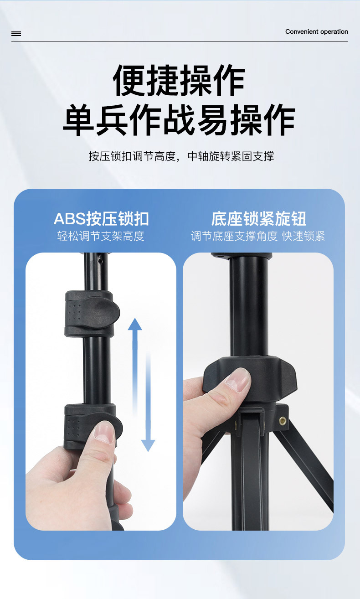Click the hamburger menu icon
click(16, 34)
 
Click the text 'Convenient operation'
click(316, 32)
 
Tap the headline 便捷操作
click(179, 81)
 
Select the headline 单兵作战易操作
click(179, 120)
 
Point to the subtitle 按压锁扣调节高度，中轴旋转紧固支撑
click(181, 156)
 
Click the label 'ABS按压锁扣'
click(101, 219)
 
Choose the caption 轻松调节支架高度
click(101, 236)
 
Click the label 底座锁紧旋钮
click(258, 219)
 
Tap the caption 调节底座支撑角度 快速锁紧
click(258, 236)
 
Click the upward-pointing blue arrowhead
click(135, 324)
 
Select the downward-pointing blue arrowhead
click(148, 445)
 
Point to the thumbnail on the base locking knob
click(238, 379)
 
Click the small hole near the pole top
click(100, 262)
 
